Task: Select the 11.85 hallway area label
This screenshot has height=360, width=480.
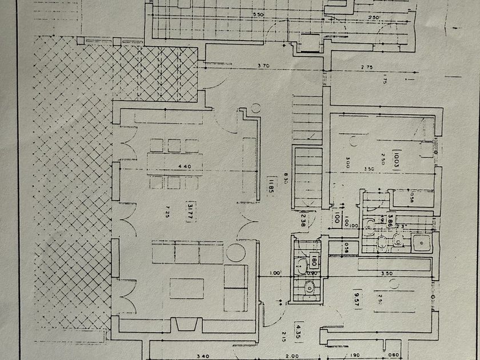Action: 266,187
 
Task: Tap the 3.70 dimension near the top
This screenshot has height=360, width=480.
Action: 263,66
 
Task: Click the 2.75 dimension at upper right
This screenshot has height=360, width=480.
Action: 367,67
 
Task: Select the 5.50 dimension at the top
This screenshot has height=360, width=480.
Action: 259,14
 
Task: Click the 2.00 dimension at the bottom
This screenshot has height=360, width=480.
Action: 291,356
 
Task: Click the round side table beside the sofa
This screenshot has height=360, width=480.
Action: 234,251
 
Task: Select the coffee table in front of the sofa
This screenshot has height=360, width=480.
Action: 187,287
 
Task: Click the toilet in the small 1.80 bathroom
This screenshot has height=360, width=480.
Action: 309,289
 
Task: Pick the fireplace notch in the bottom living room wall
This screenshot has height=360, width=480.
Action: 186,325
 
